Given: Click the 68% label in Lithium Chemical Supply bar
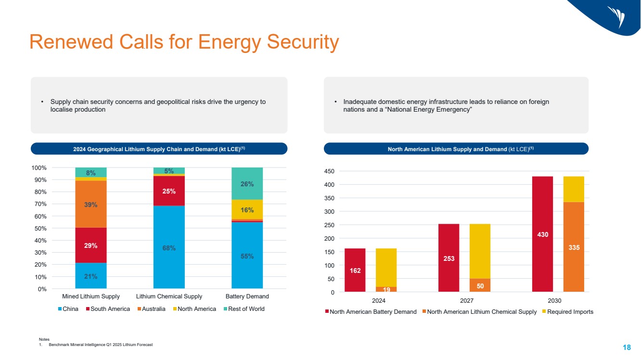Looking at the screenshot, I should [168, 248].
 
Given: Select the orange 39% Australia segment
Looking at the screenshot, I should [91, 205].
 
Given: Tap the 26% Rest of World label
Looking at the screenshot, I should [247, 183].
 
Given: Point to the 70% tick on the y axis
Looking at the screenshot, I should [39, 204].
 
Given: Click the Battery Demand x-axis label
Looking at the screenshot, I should [247, 296].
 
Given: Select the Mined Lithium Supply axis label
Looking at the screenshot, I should [91, 296].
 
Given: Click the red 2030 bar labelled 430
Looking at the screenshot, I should [542, 234].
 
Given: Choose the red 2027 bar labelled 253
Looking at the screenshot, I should [449, 258].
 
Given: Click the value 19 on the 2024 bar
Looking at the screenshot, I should [386, 289].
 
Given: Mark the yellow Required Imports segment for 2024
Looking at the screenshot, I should [386, 267].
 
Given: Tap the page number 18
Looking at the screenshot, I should [627, 347].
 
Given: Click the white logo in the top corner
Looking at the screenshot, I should [616, 17].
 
